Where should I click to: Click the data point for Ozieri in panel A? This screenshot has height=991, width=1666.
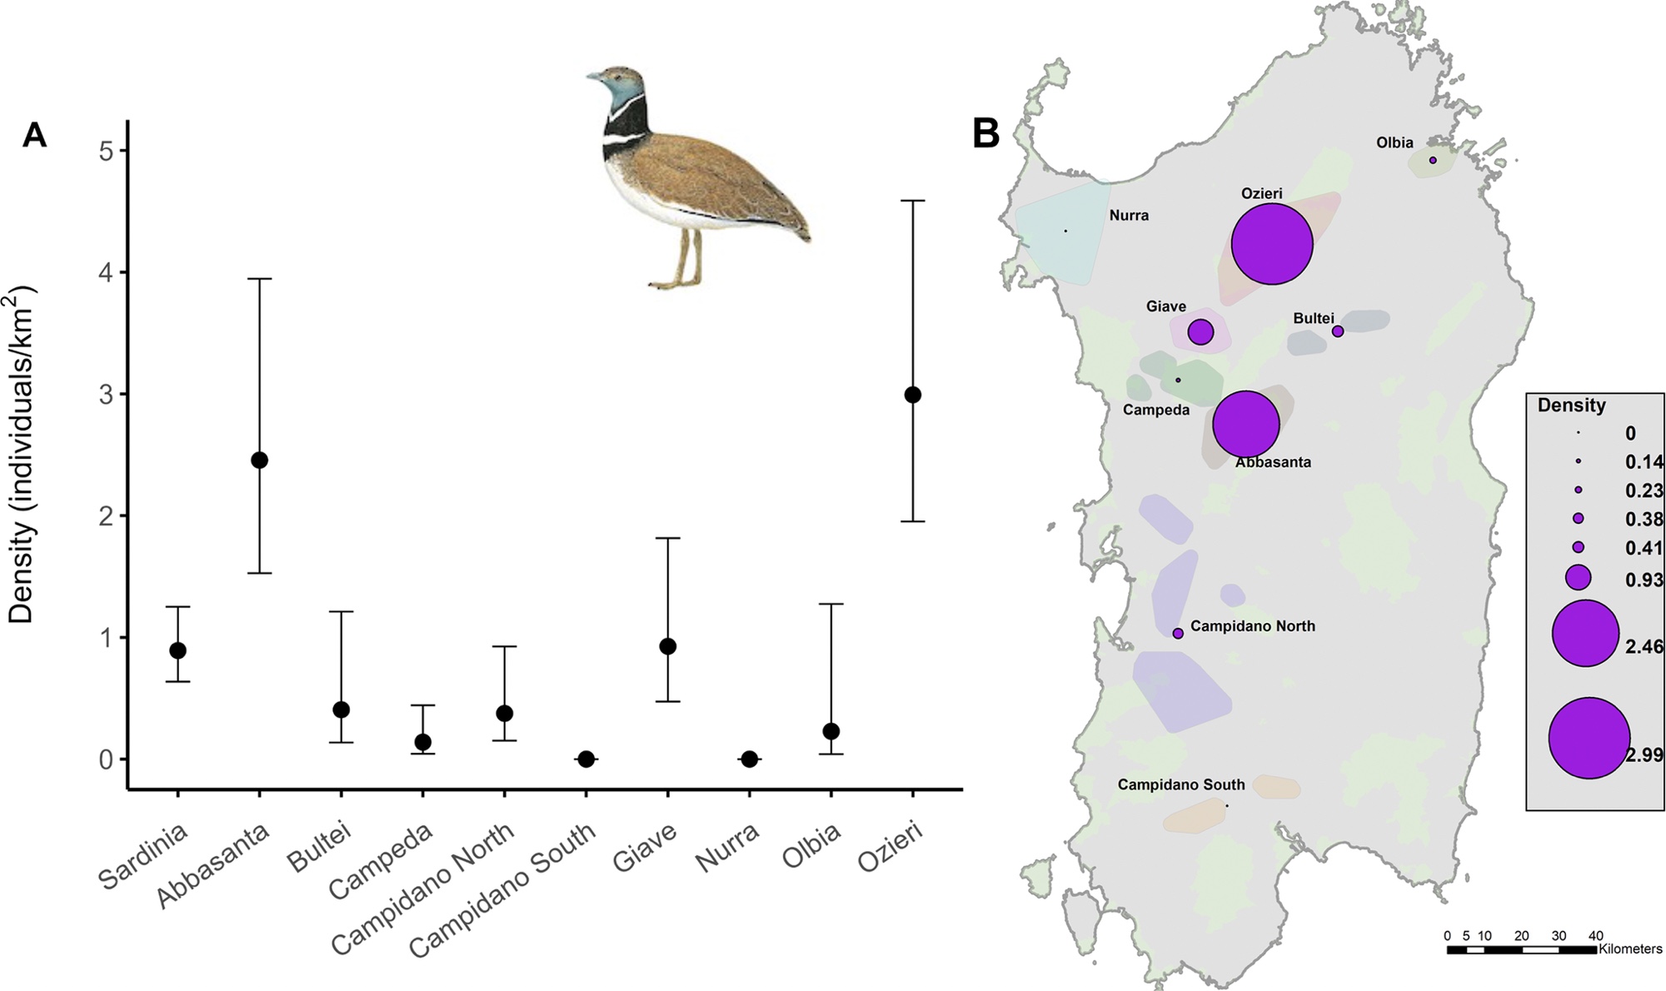(x=912, y=395)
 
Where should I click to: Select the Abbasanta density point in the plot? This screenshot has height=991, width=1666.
(x=259, y=460)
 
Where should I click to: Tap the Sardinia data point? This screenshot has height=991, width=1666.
(x=177, y=650)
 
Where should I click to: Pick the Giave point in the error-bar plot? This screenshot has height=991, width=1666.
(x=667, y=646)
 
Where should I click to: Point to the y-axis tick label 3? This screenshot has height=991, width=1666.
(x=107, y=395)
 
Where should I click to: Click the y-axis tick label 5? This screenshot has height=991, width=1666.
(x=107, y=151)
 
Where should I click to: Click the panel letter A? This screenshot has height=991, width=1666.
(x=34, y=135)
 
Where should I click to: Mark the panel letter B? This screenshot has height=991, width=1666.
(x=985, y=133)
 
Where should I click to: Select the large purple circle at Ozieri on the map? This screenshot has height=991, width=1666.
(x=1272, y=244)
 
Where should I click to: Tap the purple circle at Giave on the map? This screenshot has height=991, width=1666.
(x=1200, y=331)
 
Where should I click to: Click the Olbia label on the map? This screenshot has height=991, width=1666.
(x=1394, y=143)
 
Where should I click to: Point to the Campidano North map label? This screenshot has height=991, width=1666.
(x=1253, y=626)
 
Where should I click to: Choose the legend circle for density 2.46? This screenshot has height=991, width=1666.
(x=1586, y=633)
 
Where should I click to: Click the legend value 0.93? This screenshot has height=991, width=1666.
(x=1644, y=580)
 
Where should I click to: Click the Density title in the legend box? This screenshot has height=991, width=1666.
(x=1571, y=406)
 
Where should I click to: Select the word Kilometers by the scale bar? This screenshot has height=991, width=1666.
(x=1630, y=949)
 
